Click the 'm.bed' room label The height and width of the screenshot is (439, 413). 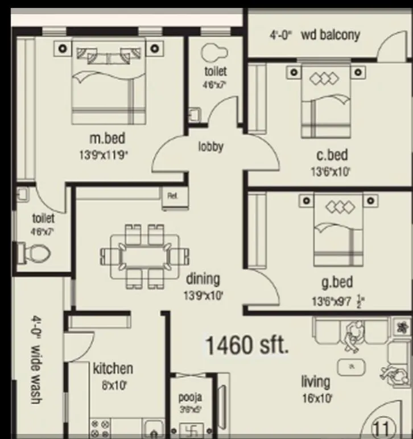108,138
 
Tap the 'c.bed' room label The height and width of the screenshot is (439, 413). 332,155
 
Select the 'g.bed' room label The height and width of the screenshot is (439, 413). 336,281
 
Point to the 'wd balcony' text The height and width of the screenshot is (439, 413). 331,35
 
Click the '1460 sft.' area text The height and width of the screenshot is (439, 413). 246,345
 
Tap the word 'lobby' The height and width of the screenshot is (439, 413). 210,147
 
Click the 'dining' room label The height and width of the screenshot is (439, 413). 203,279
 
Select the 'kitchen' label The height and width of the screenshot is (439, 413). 113,368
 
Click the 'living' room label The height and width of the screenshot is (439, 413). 316,381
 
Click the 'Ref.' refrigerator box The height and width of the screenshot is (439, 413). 172,195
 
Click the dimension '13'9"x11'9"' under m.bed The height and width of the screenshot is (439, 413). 108,154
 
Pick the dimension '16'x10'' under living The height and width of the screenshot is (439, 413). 317,398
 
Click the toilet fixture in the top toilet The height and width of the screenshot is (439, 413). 213,52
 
